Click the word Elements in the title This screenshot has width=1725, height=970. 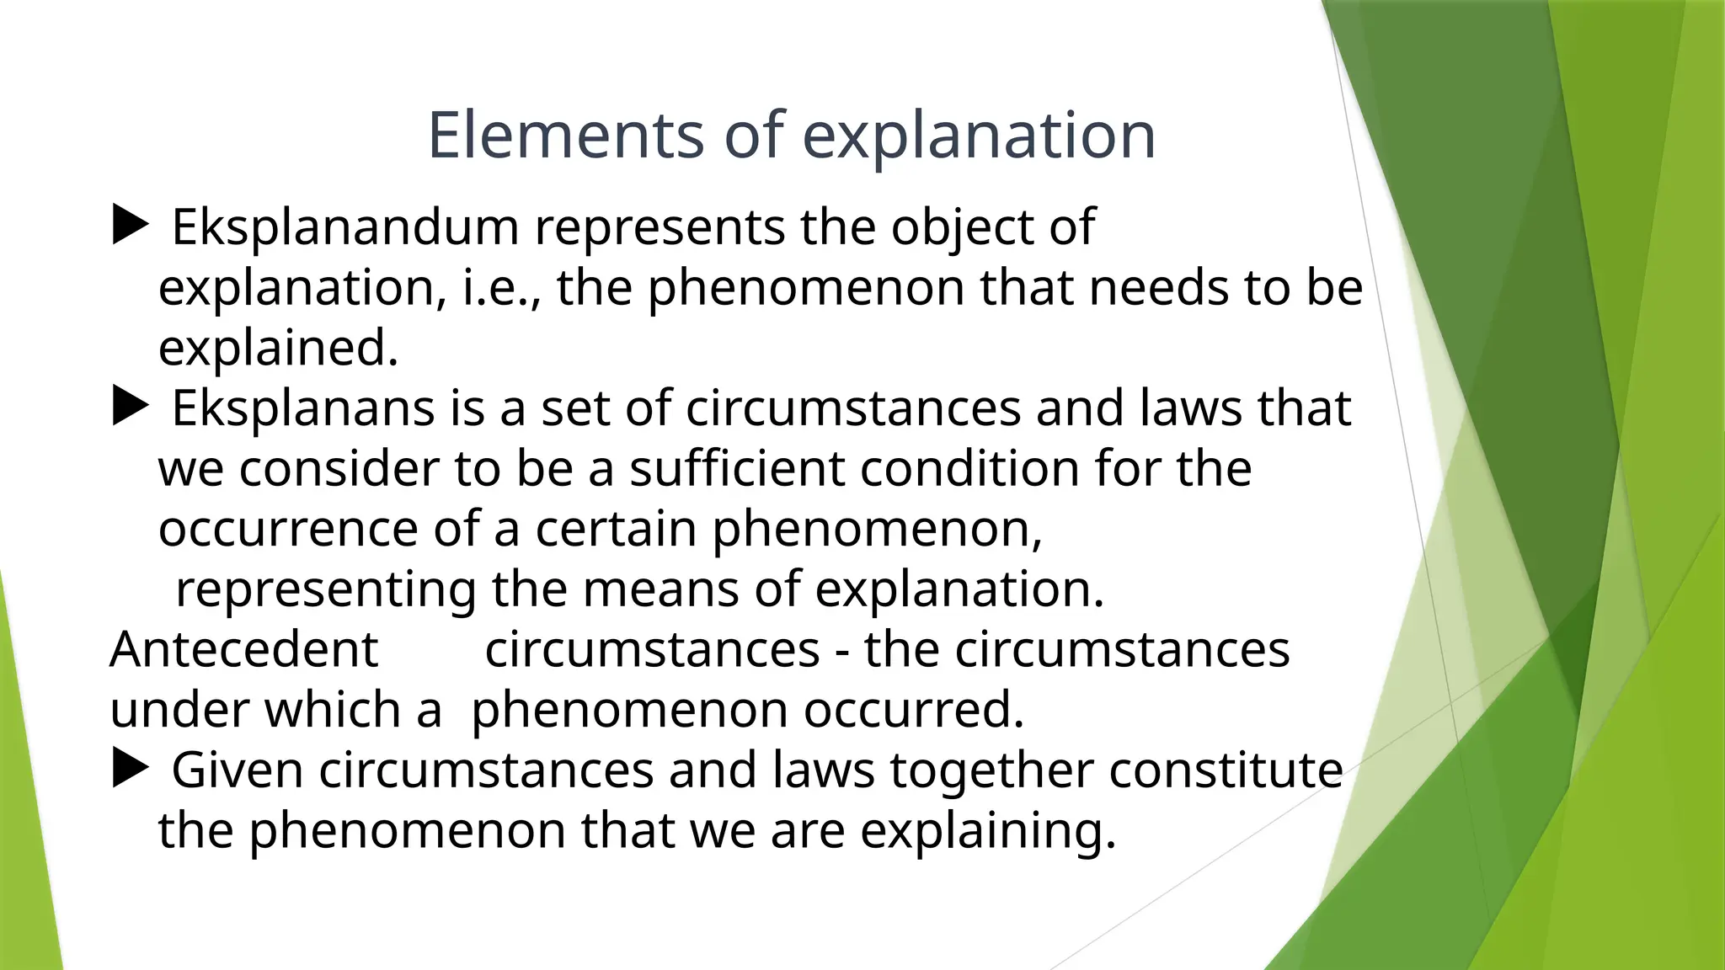tap(565, 136)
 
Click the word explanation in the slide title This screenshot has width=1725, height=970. tap(980, 137)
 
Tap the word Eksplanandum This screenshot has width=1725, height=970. tap(345, 227)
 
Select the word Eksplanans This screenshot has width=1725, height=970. tap(303, 408)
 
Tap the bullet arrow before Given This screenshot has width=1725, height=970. tap(130, 769)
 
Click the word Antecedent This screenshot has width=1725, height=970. tap(244, 649)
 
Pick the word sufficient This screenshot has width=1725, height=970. tap(737, 469)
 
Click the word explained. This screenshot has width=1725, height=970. tap(278, 349)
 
